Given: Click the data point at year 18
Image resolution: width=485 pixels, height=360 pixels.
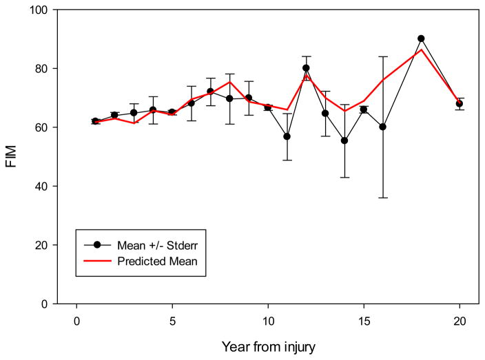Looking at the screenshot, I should point(421,39).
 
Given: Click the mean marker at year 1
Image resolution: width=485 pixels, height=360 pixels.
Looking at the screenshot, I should point(95,121).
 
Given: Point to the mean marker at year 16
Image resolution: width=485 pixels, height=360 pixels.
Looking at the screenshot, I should point(382,127).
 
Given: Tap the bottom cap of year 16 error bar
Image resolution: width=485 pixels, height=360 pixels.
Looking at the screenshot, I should point(382,198).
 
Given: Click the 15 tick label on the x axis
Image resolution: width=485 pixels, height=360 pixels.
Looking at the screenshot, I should point(363,321).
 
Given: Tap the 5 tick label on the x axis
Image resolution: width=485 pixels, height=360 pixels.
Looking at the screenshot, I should point(172,321).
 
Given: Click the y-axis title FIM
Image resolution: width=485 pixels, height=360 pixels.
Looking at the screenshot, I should point(12,157).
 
